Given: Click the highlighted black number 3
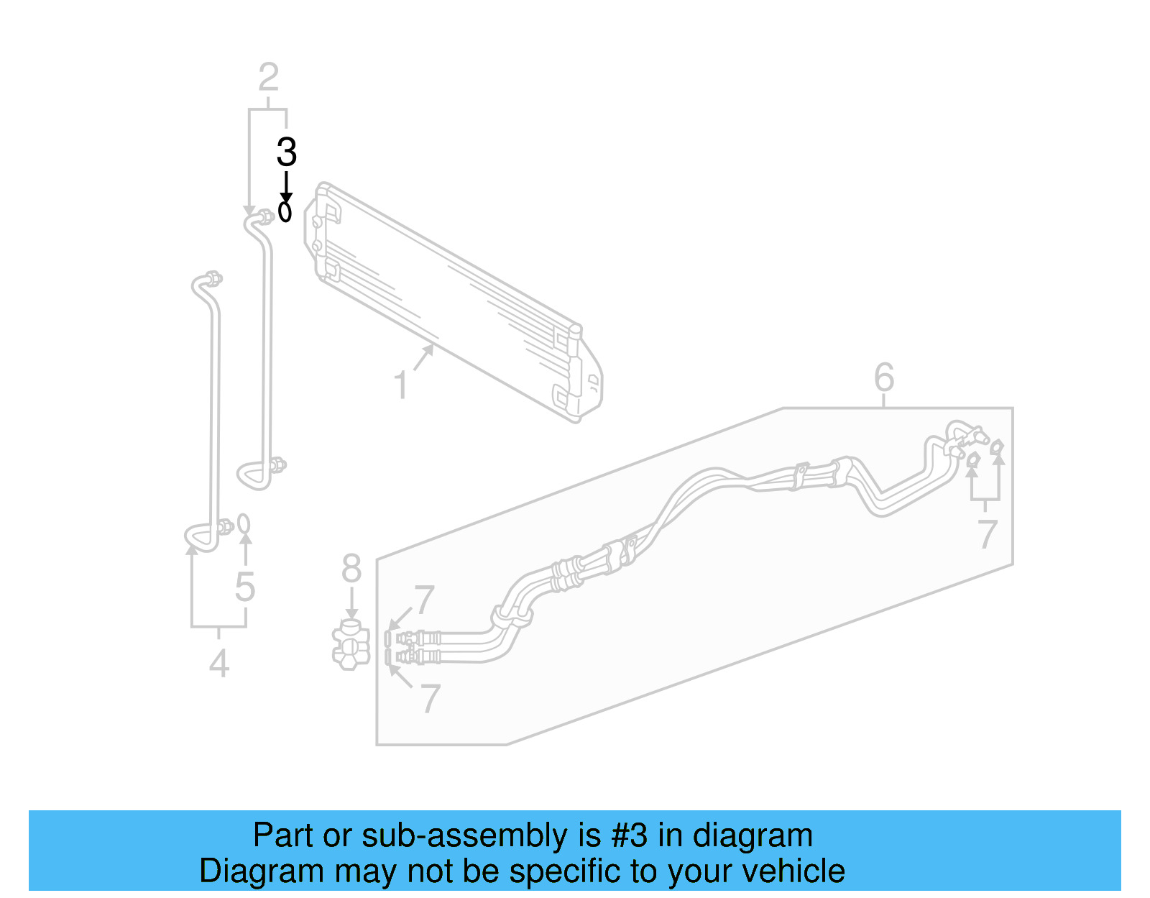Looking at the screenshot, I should tap(286, 152).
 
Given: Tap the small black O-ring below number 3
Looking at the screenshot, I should tap(285, 212).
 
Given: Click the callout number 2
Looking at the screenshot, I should tap(268, 78).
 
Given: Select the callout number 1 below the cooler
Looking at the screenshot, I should tap(401, 385).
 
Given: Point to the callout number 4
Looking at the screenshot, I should tap(219, 663).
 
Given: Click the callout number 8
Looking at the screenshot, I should tap(351, 569).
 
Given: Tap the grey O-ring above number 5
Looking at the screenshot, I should tap(244, 523).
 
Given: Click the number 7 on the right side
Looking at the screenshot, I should tap(987, 535).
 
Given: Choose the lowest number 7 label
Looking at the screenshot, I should tap(429, 698).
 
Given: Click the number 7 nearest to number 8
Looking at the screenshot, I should tap(423, 600).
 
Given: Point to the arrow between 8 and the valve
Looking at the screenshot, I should tap(351, 603).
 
